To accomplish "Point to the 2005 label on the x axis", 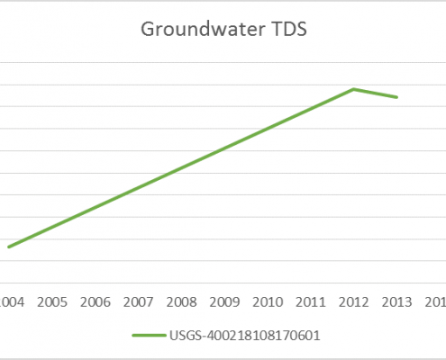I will point(52,301).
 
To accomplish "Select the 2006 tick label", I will point(96,301).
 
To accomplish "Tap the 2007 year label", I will point(139,301).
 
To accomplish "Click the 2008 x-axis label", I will point(182,301).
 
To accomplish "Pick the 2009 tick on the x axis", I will point(225,301).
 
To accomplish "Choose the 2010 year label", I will point(269,301).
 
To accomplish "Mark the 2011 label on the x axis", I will point(311,301).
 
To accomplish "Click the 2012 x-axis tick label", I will point(354,301).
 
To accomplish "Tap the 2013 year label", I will point(397,301).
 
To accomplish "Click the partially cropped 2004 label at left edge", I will point(11,301).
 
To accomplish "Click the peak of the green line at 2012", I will point(354,89).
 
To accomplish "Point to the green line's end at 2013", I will point(397,97).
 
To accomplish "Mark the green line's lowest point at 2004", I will point(9,247).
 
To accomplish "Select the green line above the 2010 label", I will point(269,128).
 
